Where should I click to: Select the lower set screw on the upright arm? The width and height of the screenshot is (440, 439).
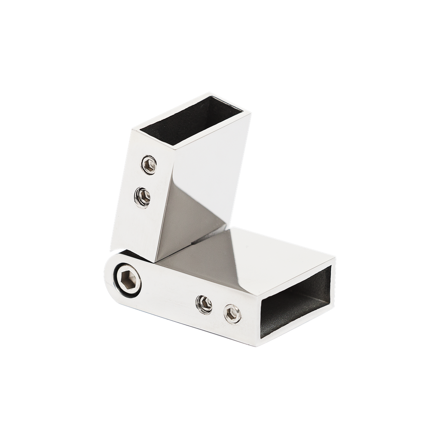[x=142, y=197]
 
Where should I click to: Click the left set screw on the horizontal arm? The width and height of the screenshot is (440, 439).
[x=204, y=304]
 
